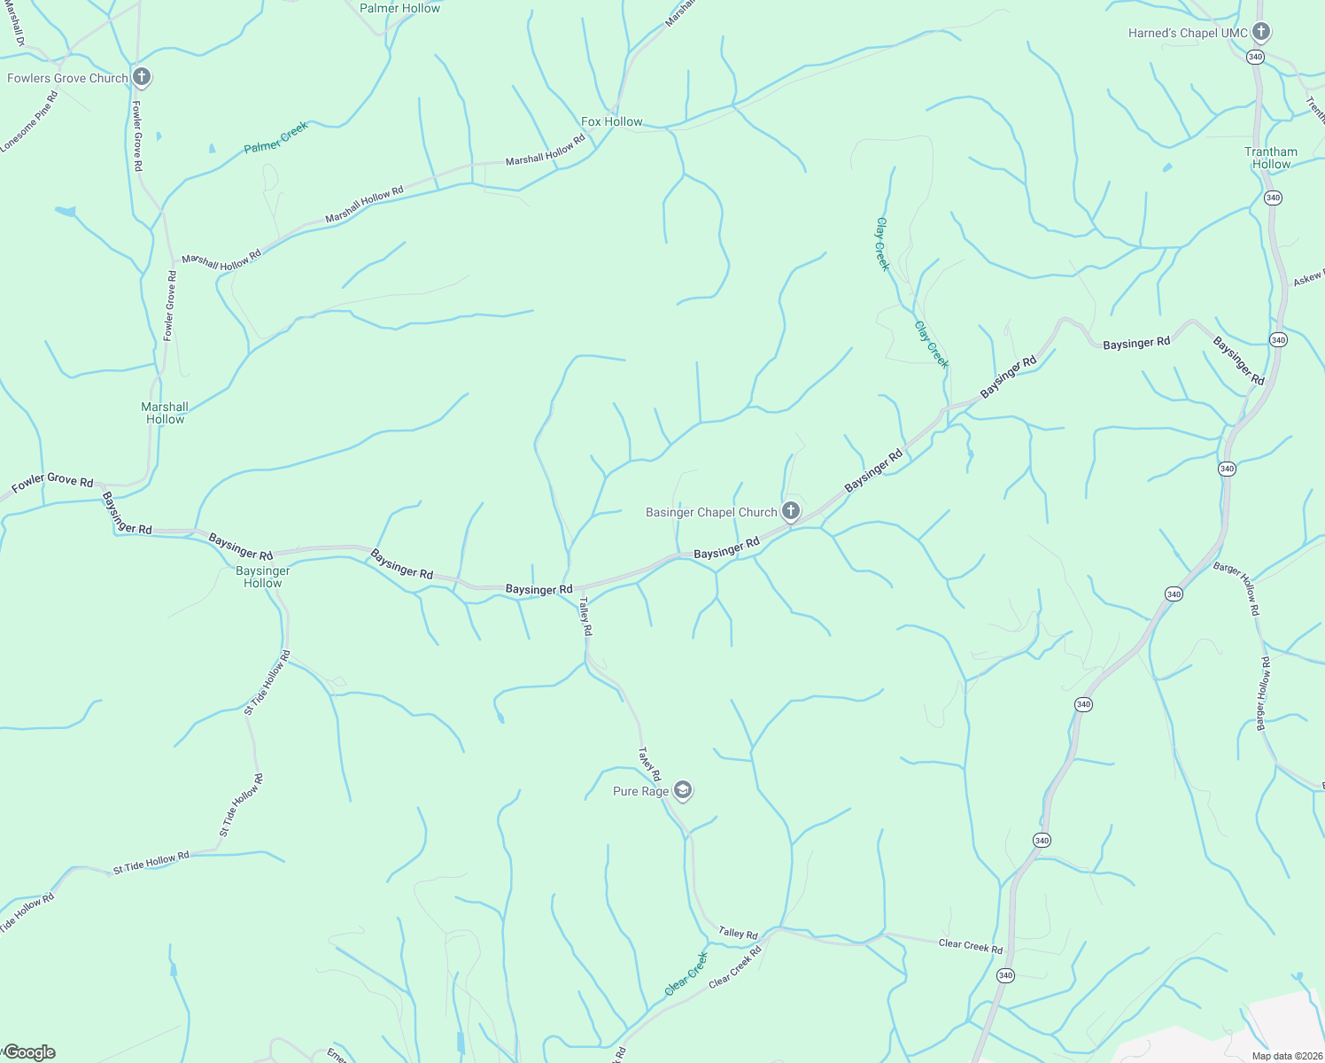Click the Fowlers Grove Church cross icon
point(141,77)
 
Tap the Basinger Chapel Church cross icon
point(791,511)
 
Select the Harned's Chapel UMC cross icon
point(1261,33)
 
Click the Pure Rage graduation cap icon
point(682,790)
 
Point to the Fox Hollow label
point(612,121)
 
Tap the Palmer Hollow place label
point(399,8)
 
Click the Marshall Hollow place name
point(165,413)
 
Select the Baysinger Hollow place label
point(263,577)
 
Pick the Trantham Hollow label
point(1271,158)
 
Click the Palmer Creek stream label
point(276,138)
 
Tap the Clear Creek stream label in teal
point(687,974)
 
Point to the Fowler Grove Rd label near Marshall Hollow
point(169,306)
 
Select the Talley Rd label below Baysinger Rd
point(585,616)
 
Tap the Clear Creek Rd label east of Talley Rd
point(971,946)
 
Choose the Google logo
point(29,1052)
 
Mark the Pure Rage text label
point(640,791)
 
